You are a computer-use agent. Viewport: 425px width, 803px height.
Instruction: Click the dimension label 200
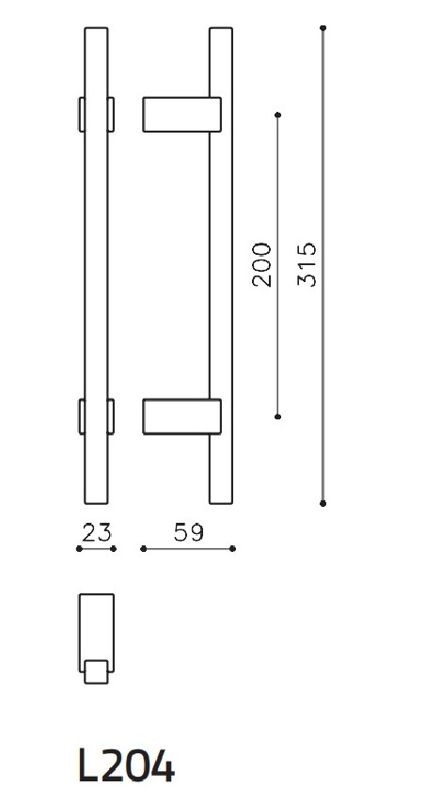tap(262, 264)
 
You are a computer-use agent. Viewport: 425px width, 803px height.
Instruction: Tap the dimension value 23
tap(96, 533)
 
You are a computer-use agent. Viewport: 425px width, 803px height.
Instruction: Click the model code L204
tap(126, 766)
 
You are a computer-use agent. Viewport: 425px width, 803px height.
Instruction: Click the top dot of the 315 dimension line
tap(323, 29)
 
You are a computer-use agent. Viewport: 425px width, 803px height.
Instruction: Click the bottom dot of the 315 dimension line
tap(323, 503)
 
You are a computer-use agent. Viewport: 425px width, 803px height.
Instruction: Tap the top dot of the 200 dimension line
tap(277, 115)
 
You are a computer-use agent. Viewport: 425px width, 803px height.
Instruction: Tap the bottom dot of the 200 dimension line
tap(277, 416)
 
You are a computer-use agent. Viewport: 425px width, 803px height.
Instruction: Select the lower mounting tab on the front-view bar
tap(96, 417)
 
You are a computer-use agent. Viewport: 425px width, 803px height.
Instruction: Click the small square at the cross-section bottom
tap(95, 671)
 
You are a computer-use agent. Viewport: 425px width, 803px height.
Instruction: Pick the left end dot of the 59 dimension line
tap(141, 549)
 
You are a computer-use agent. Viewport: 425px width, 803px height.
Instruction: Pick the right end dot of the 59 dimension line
tap(232, 549)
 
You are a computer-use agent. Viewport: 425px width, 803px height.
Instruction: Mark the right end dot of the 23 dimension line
tap(113, 549)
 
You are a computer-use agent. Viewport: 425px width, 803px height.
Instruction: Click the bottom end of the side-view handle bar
tap(220, 499)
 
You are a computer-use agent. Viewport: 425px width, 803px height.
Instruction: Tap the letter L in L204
tap(87, 766)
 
